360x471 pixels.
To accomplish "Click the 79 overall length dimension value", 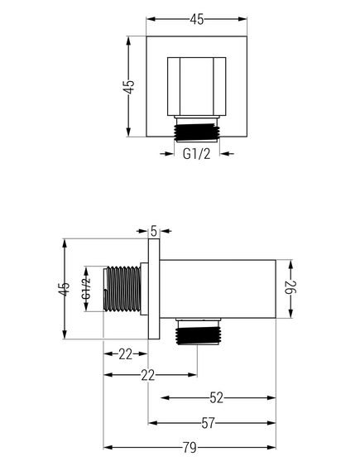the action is [190, 448].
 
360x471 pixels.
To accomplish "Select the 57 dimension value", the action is [208, 423].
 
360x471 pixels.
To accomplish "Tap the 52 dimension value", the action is [217, 397].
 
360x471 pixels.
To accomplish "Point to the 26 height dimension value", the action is [290, 287].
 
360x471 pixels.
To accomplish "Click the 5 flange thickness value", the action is [154, 231].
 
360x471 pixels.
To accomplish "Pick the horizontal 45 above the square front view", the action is [197, 19].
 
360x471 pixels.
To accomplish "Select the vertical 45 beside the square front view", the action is [129, 87].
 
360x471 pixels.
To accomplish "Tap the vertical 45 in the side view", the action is [65, 289].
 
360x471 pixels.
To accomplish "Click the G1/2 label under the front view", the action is [197, 154].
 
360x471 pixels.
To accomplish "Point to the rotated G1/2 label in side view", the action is [86, 289].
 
